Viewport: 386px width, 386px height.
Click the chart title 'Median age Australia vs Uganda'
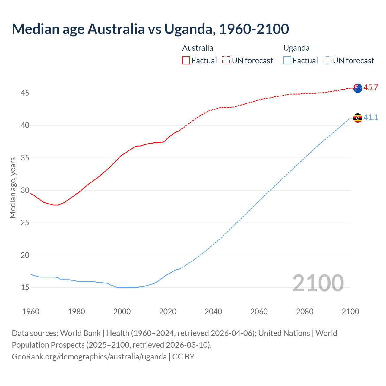(x=150, y=29)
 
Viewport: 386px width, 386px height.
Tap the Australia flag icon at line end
(x=358, y=88)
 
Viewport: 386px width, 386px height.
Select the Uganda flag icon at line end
(x=358, y=118)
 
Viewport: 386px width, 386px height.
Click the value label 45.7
(x=371, y=88)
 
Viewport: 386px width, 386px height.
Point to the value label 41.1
(x=371, y=118)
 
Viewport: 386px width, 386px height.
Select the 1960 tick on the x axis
(x=31, y=312)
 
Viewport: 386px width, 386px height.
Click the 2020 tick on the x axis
(x=168, y=312)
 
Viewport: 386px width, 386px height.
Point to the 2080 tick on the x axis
(x=305, y=312)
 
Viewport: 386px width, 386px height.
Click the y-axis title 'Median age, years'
(x=13, y=188)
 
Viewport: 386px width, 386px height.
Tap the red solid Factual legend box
(x=186, y=61)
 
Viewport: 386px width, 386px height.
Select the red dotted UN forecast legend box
(x=226, y=61)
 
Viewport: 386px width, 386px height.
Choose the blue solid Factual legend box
(x=287, y=61)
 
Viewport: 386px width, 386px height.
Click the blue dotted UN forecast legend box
(x=327, y=61)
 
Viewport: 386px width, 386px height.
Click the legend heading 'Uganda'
(x=296, y=48)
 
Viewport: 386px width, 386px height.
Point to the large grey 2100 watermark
(x=318, y=283)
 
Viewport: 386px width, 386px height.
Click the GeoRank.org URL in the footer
(x=89, y=357)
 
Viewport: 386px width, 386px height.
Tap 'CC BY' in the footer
(x=183, y=357)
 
